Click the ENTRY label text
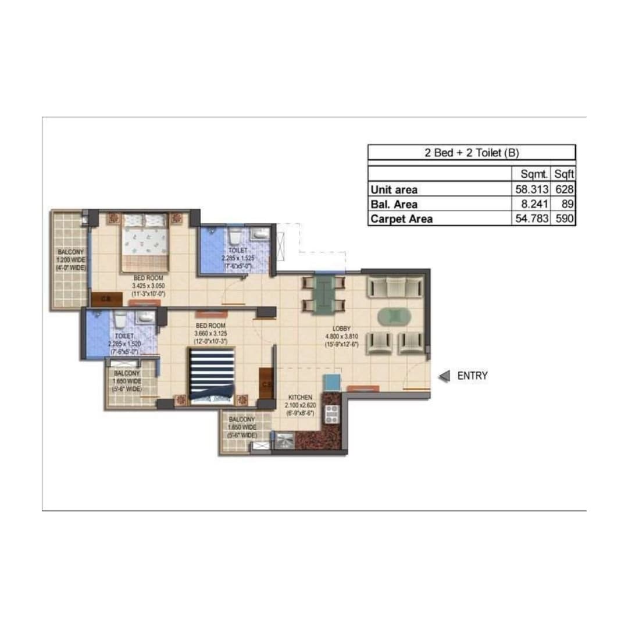pos(472,376)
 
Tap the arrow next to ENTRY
pos(445,376)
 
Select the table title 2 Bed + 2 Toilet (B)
pos(472,153)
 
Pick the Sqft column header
pos(563,174)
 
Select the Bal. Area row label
pos(394,204)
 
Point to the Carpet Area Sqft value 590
pos(564,219)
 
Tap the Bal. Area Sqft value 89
pos(568,204)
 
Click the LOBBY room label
pos(341,328)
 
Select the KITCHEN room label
pos(300,397)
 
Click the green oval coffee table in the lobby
pos(393,316)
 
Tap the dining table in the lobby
pos(323,295)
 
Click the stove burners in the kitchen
pos(331,413)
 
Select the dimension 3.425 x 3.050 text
pos(148,286)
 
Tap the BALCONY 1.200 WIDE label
pos(70,260)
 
